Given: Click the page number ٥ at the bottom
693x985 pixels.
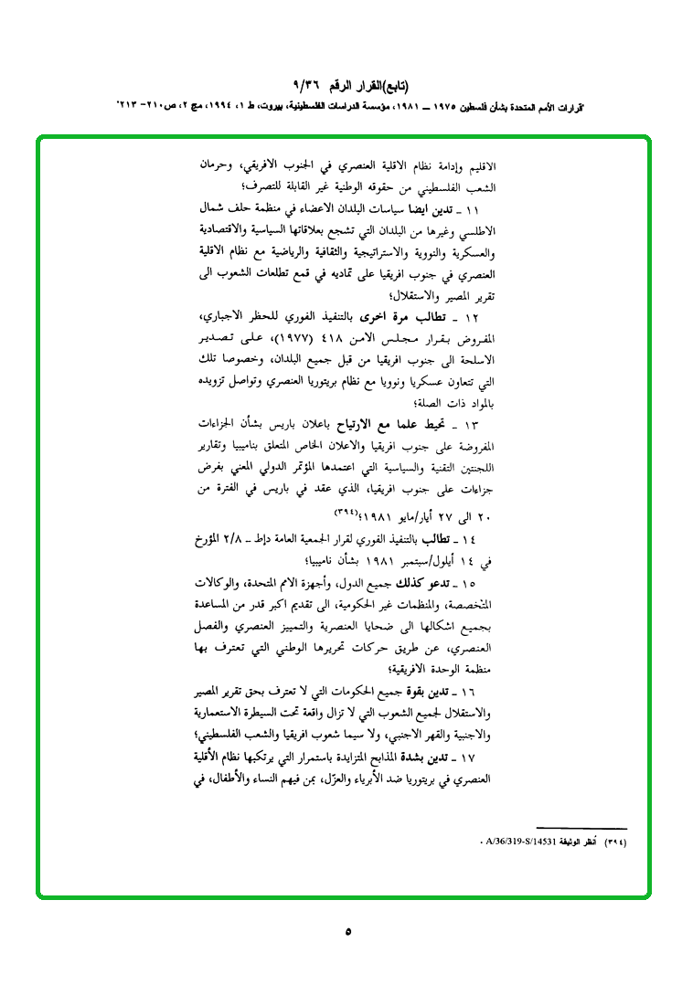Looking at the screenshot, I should (347, 931).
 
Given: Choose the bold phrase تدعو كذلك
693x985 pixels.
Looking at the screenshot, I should (435, 581).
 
